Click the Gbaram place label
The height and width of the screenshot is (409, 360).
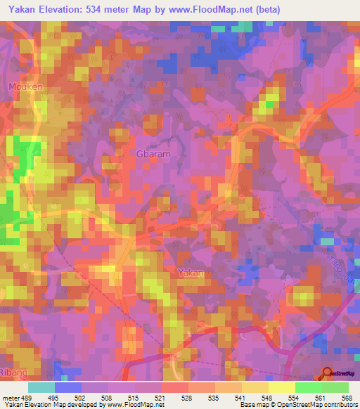153,154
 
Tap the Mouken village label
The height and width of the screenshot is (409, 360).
26,87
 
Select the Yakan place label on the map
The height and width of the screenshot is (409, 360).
191,272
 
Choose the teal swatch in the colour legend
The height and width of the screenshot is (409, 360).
41,387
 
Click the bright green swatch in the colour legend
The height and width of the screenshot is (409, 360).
308,387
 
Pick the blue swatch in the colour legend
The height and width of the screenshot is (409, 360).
67,387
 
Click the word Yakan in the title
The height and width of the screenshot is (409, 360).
20,9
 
